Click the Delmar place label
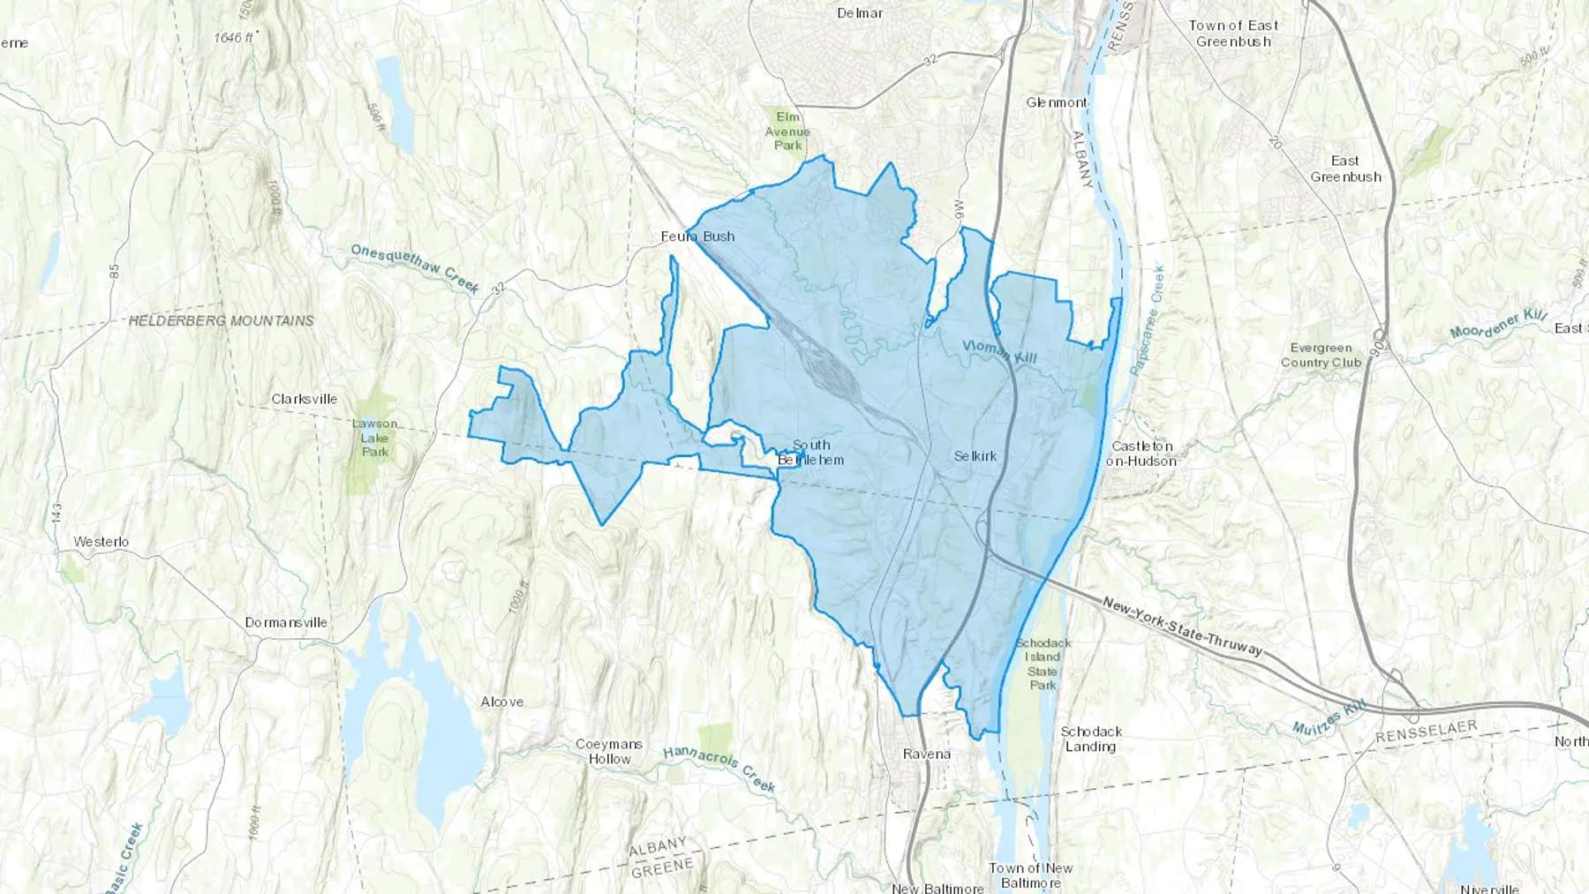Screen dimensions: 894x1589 click(860, 13)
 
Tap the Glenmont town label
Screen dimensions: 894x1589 click(1057, 102)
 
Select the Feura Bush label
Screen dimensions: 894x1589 click(697, 237)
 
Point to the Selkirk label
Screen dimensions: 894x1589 click(975, 456)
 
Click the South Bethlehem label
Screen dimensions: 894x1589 click(810, 453)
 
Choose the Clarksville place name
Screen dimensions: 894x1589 click(305, 399)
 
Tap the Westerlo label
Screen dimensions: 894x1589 click(102, 542)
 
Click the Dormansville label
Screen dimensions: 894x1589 click(286, 622)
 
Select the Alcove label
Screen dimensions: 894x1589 click(502, 702)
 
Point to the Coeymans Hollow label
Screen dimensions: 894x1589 click(609, 751)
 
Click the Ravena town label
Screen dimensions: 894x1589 click(927, 754)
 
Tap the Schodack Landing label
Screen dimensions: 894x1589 click(1091, 739)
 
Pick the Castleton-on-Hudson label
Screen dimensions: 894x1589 click(1141, 454)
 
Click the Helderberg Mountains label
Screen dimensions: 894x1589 click(222, 321)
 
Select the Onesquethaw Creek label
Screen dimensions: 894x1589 click(415, 268)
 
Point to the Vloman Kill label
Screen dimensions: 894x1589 click(999, 352)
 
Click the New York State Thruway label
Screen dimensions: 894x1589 click(1183, 627)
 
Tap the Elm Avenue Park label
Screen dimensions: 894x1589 click(787, 131)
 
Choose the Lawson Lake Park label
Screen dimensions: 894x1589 click(375, 438)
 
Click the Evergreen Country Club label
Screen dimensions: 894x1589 click(1321, 355)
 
